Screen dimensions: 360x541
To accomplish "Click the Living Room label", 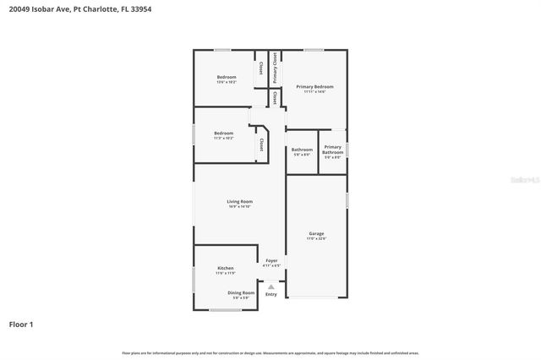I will [x=240, y=201].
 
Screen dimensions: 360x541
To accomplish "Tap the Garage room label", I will [x=316, y=233].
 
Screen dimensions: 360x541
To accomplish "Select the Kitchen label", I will [x=225, y=268].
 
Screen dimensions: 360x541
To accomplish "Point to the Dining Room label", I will [x=241, y=292].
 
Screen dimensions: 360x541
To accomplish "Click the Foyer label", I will [x=271, y=260].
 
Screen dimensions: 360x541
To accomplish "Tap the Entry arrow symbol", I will [x=271, y=286].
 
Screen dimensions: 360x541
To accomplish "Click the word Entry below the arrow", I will [x=271, y=294].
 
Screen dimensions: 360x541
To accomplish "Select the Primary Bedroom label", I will [x=314, y=86].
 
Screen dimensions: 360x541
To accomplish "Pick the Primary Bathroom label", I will [x=332, y=150].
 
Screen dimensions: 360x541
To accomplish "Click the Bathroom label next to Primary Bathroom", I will [x=302, y=150].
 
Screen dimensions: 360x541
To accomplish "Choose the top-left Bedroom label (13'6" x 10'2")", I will [x=227, y=77].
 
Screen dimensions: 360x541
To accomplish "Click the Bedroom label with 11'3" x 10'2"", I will [x=223, y=133].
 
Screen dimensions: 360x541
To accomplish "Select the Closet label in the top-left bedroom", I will [x=261, y=67].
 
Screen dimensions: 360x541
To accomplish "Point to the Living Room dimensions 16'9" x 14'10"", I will [x=240, y=207].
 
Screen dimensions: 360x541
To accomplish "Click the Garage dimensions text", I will [x=316, y=239].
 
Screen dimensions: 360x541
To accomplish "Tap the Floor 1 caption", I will [x=21, y=324].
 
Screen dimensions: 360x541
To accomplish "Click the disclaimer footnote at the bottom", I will [x=270, y=352].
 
